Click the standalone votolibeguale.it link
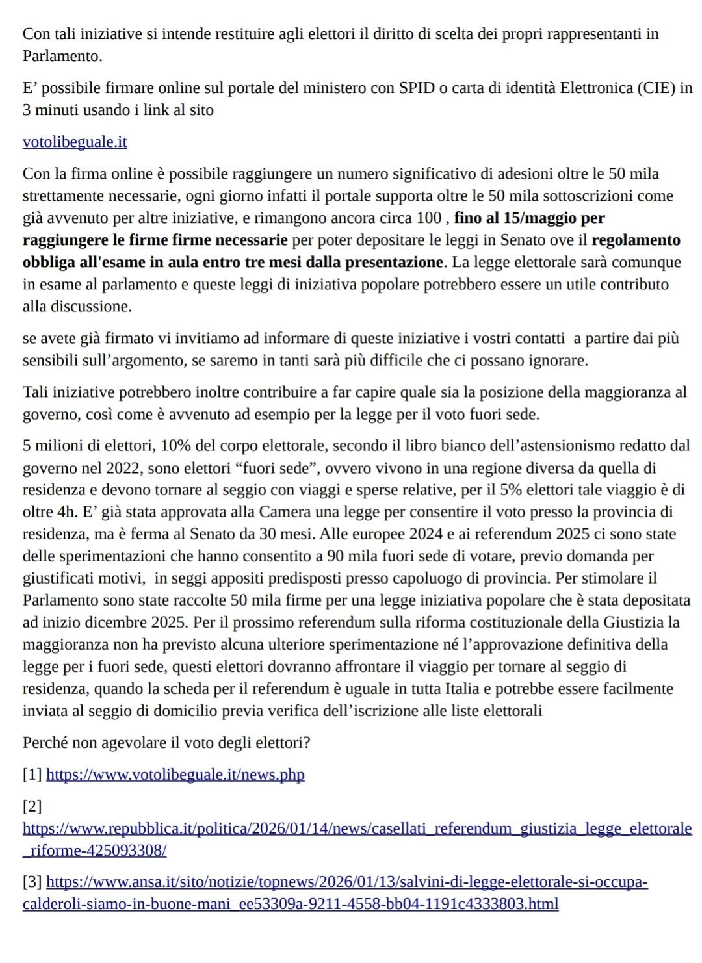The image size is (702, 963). pos(75,142)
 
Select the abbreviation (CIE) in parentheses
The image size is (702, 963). pos(656,88)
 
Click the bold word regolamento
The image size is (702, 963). pos(636,240)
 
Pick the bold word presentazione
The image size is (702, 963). pos(389,262)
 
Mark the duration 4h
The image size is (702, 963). pos(62,512)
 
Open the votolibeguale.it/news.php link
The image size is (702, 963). pos(175,775)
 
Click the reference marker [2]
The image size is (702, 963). pos(32,806)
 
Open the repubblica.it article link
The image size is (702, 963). pos(357,829)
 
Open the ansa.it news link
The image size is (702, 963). pos(347,882)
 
